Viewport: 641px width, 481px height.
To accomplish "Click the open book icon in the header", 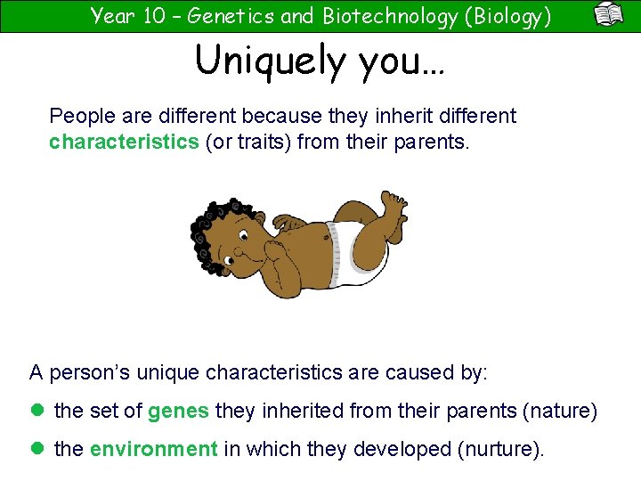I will click(609, 15).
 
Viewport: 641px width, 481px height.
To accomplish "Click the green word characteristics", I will click(124, 142).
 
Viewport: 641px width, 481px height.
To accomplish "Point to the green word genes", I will click(178, 411).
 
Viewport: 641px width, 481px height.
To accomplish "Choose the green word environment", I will click(154, 449).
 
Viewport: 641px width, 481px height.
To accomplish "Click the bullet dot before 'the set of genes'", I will click(37, 411).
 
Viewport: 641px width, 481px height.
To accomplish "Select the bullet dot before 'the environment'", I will click(37, 449).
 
